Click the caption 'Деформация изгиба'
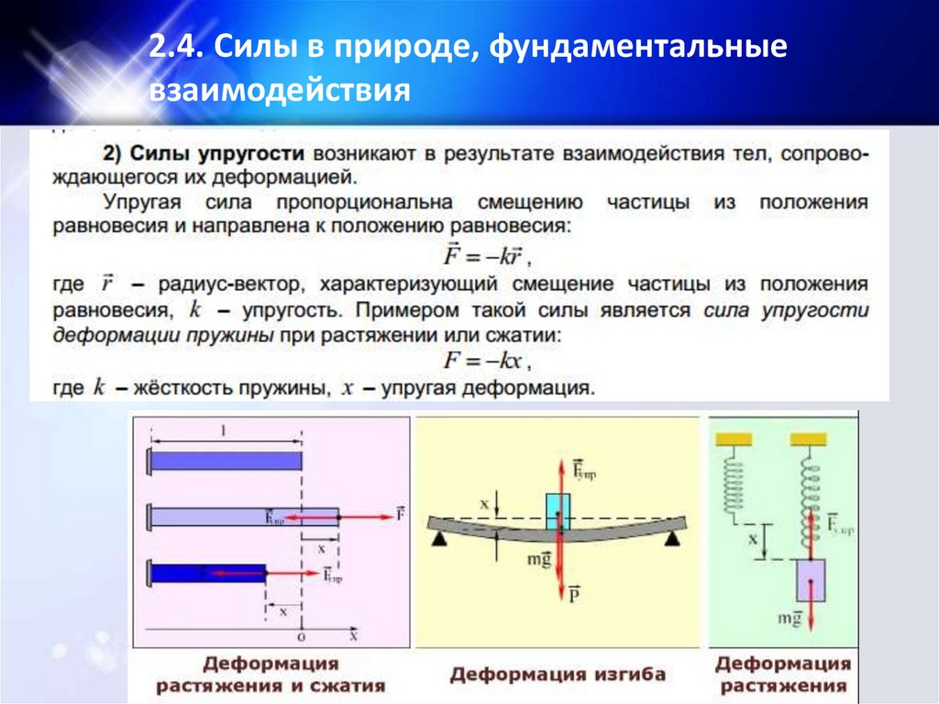tap(557, 675)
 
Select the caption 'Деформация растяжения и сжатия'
tap(270, 674)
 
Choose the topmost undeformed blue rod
tap(226, 461)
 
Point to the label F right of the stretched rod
tap(400, 515)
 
